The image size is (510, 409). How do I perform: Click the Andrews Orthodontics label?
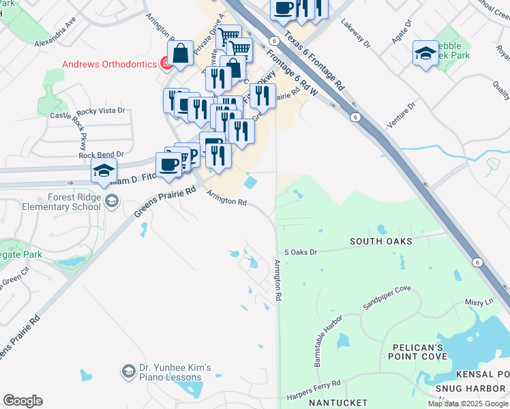[109, 65]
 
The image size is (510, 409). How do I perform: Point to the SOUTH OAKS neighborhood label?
[381, 241]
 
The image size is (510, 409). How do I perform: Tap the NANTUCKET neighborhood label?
[339, 403]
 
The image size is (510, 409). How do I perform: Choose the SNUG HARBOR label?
[473, 389]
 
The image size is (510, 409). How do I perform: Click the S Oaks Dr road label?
[301, 252]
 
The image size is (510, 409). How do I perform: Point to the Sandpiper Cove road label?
[387, 298]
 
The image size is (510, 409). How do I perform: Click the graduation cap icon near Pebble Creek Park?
[425, 53]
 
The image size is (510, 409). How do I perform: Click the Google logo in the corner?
[22, 401]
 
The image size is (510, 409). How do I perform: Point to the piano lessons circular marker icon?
[127, 372]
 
